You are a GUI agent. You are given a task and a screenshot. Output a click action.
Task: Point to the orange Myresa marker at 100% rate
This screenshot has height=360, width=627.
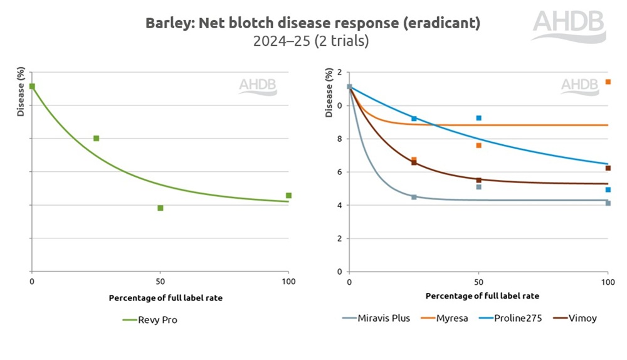608,82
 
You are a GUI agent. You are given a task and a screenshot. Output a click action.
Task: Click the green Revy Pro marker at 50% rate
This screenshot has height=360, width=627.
160,208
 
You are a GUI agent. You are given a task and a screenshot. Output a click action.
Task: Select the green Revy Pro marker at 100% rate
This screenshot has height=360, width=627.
288,195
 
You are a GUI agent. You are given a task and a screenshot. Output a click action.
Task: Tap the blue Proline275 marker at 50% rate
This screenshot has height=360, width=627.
478,118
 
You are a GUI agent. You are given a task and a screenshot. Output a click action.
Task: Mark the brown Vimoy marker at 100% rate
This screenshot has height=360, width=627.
608,168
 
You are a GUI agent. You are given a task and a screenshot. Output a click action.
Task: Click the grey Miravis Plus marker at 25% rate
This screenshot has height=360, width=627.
414,197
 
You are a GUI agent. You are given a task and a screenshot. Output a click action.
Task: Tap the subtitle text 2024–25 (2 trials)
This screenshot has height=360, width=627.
311,42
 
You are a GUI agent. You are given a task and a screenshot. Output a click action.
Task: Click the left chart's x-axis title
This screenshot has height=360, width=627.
166,298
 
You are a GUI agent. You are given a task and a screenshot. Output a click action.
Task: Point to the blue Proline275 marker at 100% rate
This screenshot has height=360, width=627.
608,189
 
